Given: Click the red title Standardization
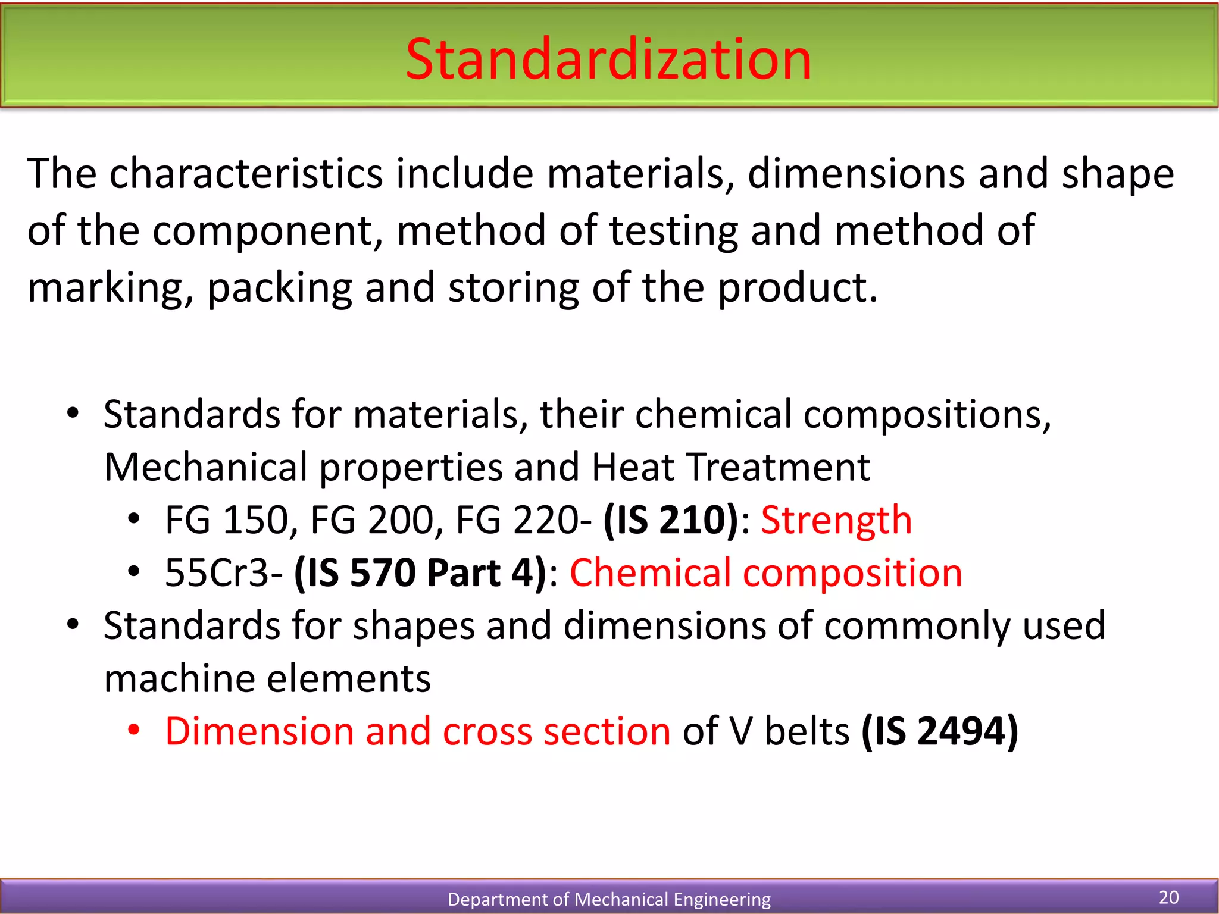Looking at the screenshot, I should click(x=608, y=59).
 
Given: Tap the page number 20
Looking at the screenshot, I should click(x=1168, y=897).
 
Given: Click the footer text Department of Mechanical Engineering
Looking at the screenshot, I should click(x=609, y=899).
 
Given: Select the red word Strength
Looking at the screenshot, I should click(x=836, y=520).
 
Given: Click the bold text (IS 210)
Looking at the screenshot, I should click(x=671, y=520).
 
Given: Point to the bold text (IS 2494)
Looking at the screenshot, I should click(x=940, y=731).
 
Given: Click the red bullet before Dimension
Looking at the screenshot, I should click(x=134, y=730).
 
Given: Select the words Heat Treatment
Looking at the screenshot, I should click(x=730, y=467).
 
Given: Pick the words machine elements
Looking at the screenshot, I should click(x=267, y=678).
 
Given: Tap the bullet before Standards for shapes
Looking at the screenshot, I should click(x=73, y=625).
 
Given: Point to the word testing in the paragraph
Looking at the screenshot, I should click(x=673, y=231).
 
